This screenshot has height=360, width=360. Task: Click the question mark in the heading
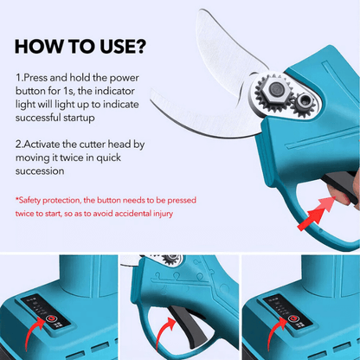click(x=140, y=46)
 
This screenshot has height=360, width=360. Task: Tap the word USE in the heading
click(x=116, y=47)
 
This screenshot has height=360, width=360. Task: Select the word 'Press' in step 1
click(x=35, y=78)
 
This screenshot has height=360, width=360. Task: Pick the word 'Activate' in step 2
click(x=42, y=145)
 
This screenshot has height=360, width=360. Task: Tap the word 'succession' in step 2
click(x=40, y=171)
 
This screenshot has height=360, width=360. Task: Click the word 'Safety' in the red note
click(x=29, y=200)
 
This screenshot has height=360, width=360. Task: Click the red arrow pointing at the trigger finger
click(x=317, y=214)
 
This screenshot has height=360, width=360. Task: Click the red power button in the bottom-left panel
click(x=51, y=318)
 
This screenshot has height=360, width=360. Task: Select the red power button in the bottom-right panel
click(x=292, y=318)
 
